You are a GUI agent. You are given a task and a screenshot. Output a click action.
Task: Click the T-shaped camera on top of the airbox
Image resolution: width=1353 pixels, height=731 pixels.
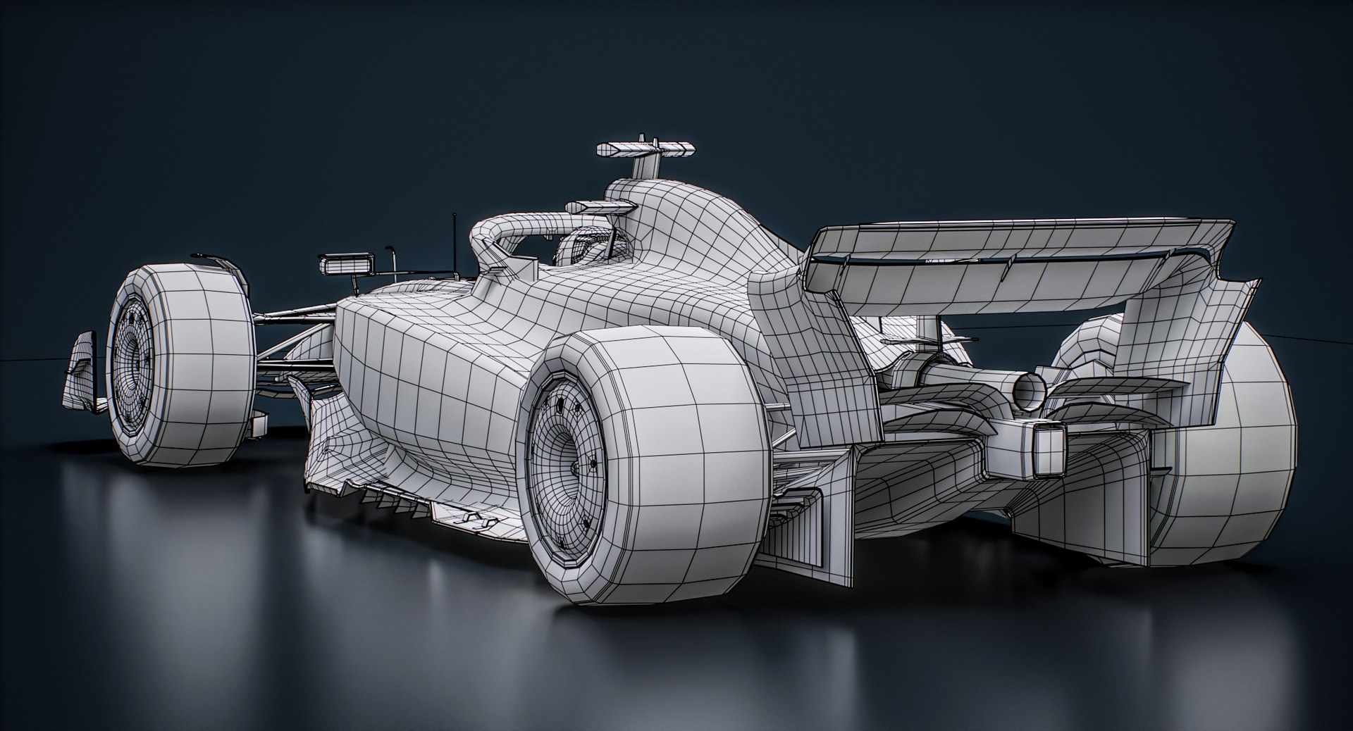(645, 149)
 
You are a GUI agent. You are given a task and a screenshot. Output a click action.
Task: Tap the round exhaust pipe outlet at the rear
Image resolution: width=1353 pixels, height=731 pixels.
(1029, 391)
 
